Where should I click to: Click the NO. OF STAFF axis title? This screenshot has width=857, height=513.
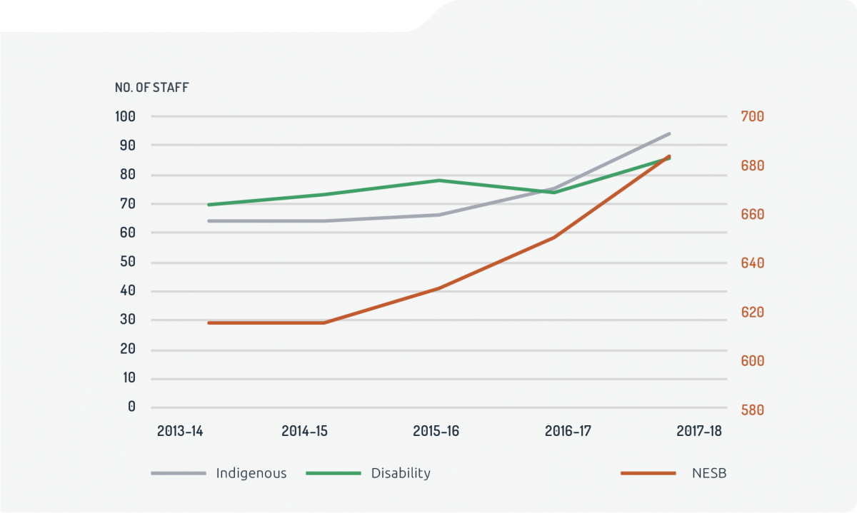click(x=152, y=88)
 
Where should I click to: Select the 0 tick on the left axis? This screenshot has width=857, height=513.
click(x=131, y=407)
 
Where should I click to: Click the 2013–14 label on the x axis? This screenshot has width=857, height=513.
click(x=180, y=431)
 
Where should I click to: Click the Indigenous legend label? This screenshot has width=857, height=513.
click(x=251, y=473)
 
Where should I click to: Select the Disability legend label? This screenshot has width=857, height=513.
click(x=401, y=473)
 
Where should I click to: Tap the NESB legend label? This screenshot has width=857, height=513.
click(x=708, y=473)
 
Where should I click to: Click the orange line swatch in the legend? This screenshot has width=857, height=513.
click(x=648, y=473)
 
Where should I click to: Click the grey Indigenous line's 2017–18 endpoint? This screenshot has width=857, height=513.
click(x=669, y=133)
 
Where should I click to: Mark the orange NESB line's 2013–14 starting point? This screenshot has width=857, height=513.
click(x=209, y=322)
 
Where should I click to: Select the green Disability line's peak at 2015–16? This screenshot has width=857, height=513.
click(x=438, y=181)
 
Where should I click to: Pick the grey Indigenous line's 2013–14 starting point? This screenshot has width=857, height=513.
click(x=209, y=221)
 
